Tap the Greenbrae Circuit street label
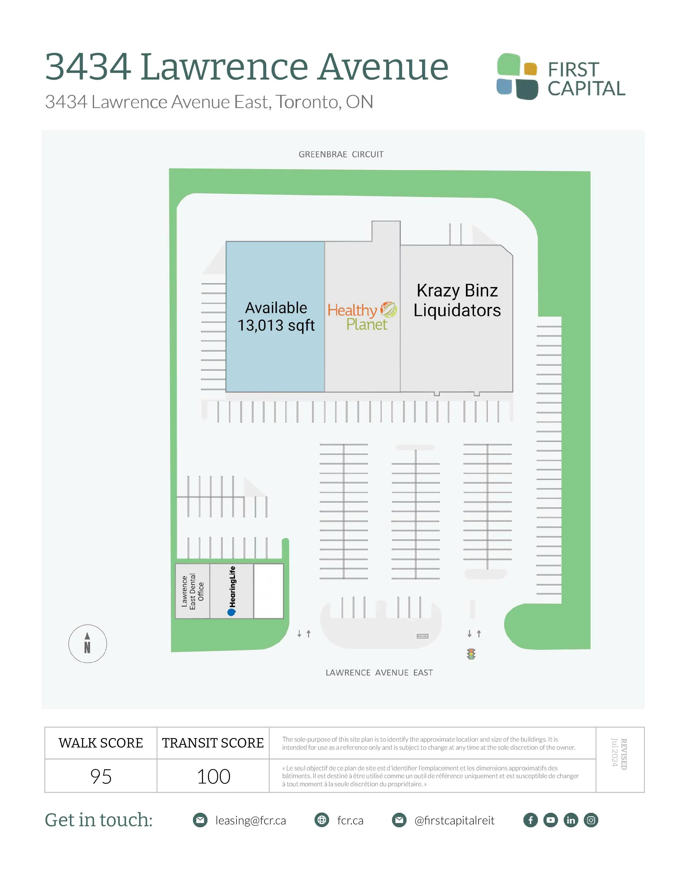[341, 154]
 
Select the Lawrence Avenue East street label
[379, 673]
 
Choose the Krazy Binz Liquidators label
[457, 301]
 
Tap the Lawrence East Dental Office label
[193, 591]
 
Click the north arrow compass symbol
[87, 644]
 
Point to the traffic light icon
[471, 654]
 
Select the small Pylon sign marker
[422, 636]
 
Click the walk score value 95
[101, 777]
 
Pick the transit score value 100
[213, 777]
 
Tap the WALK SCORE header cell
[101, 743]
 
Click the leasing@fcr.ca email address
[250, 820]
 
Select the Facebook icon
[530, 820]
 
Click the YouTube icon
[551, 820]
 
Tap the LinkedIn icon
[571, 820]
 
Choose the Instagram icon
[591, 820]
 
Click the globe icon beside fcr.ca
[322, 820]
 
